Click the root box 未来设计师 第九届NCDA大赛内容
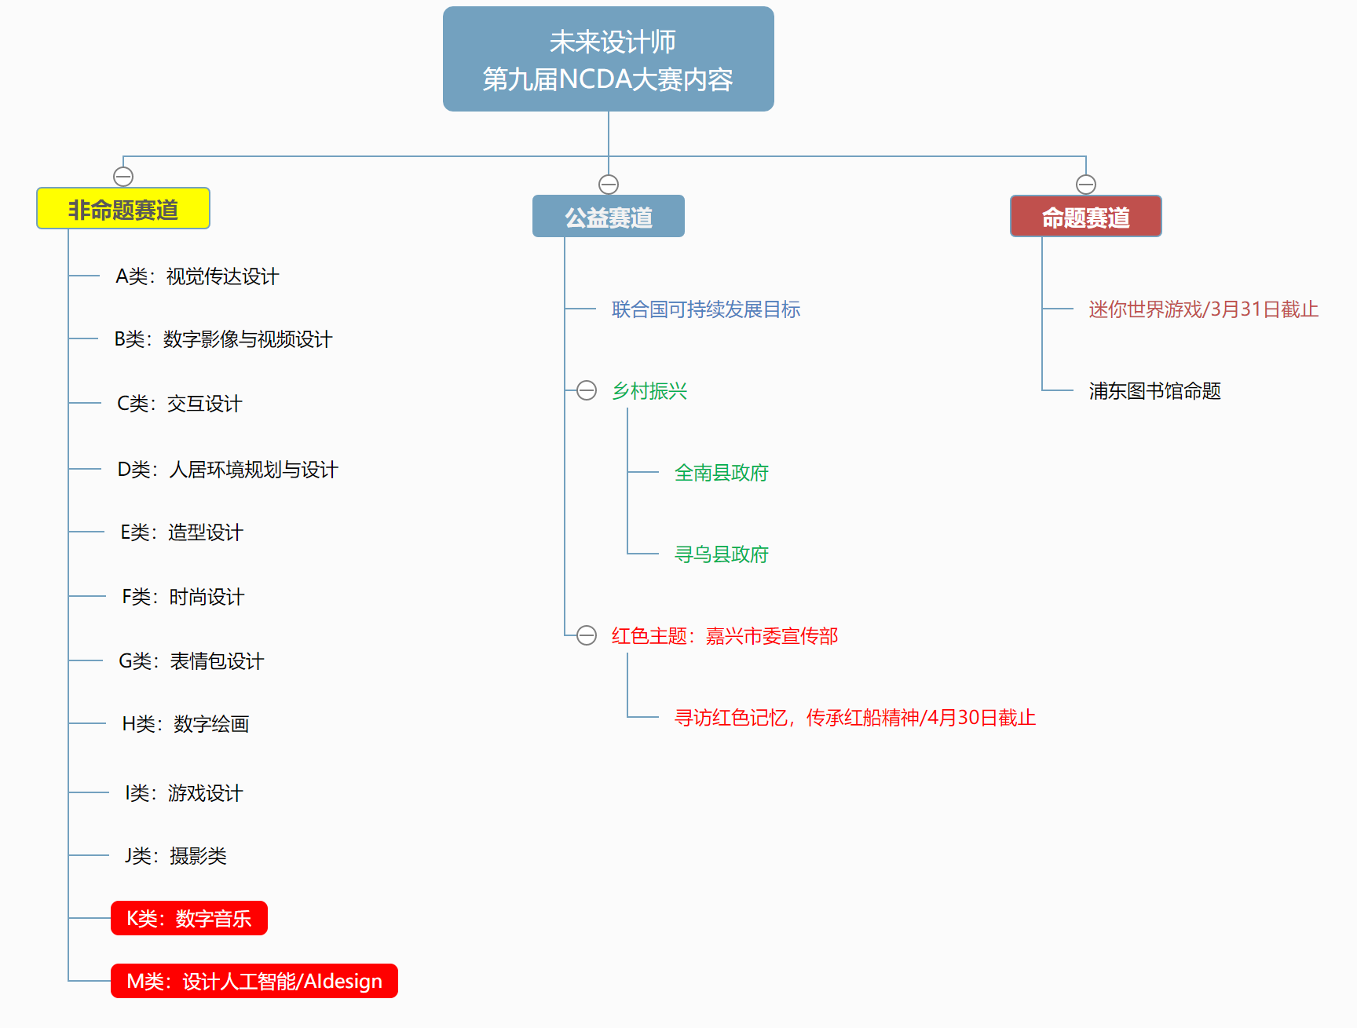click(x=609, y=59)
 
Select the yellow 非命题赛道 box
click(x=123, y=208)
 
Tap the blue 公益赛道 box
click(x=609, y=216)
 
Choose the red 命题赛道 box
click(x=1086, y=216)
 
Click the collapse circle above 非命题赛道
click(x=123, y=177)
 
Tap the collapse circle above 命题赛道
click(x=1086, y=185)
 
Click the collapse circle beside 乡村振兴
click(x=587, y=390)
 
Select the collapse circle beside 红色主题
click(x=587, y=635)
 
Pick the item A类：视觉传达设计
click(x=197, y=276)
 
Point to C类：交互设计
click(x=180, y=404)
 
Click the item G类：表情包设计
click(x=192, y=661)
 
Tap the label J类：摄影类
click(x=176, y=856)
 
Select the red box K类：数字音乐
click(x=189, y=918)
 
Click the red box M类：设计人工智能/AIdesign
click(x=254, y=981)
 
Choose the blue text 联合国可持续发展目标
click(x=706, y=309)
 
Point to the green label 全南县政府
click(x=722, y=473)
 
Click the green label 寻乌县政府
click(x=722, y=554)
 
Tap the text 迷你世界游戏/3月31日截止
click(x=1204, y=309)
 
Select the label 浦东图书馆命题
click(x=1155, y=391)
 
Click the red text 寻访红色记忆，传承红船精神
click(x=797, y=718)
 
